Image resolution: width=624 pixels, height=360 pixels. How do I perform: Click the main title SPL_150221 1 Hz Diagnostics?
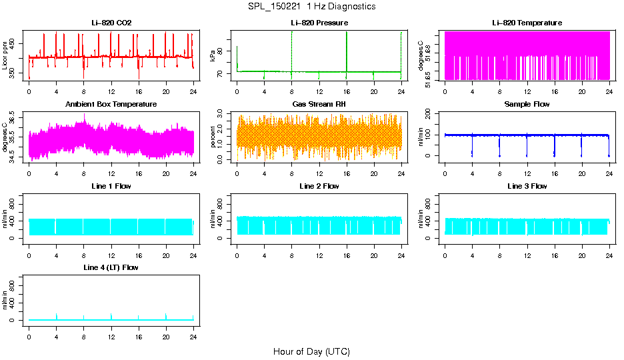[x=311, y=6]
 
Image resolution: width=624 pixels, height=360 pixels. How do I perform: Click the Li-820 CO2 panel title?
[x=111, y=23]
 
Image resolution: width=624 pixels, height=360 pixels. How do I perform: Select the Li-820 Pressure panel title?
[x=319, y=23]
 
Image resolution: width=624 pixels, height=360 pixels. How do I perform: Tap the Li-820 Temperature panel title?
[x=527, y=23]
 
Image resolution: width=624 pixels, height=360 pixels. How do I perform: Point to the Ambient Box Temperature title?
[x=111, y=105]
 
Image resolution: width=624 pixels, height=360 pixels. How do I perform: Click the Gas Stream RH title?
[x=319, y=105]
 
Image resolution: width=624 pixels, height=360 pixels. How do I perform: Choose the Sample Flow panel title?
[x=527, y=105]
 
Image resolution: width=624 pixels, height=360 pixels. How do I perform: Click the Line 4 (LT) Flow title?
[x=111, y=267]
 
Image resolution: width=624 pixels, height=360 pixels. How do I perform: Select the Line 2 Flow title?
[x=319, y=186]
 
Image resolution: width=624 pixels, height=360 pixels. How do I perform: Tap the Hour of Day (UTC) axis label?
[x=311, y=351]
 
